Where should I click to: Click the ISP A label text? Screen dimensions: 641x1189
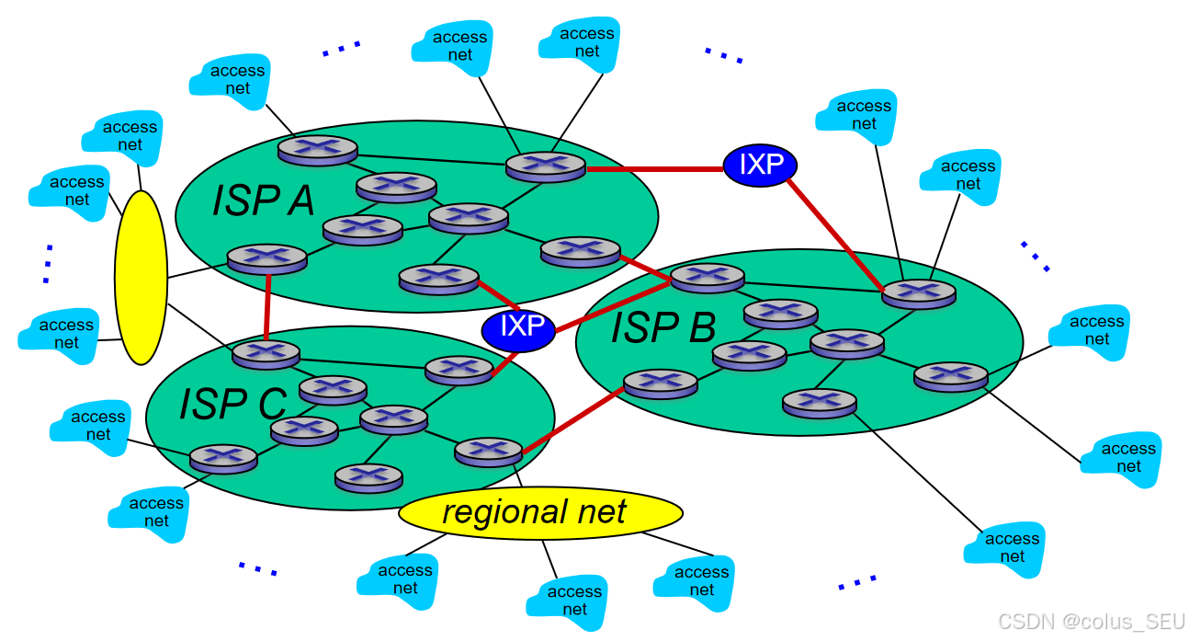pos(263,200)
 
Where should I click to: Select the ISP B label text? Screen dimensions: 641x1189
pos(663,327)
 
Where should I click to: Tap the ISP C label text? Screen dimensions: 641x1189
pos(232,403)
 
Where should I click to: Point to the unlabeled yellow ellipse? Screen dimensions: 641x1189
pos(141,277)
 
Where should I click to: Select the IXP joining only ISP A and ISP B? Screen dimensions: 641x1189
pos(759,165)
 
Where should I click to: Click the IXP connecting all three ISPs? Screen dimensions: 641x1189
pos(519,326)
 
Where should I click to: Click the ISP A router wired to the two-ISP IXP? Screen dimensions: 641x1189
pos(545,166)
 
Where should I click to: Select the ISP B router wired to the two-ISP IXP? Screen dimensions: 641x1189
pos(918,292)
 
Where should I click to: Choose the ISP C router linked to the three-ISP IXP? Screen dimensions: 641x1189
pos(459,369)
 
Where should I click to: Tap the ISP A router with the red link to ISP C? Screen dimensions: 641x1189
pos(266,258)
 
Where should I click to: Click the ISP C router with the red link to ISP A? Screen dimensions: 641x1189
pos(266,353)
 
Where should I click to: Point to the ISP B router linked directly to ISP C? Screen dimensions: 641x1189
pos(660,383)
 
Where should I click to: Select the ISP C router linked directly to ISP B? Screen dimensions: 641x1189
pos(488,451)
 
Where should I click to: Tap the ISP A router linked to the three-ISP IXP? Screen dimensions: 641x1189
pos(438,278)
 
